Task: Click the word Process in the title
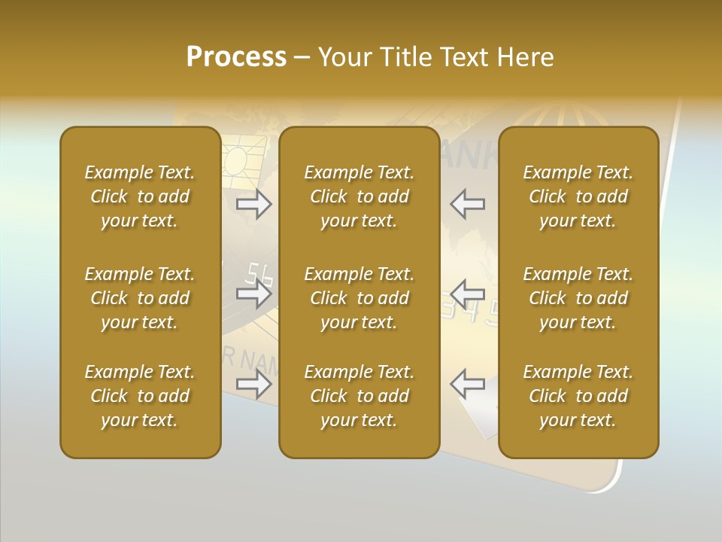(236, 57)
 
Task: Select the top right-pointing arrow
(254, 203)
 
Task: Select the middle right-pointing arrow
(254, 294)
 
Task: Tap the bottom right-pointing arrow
(254, 384)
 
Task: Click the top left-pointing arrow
(468, 203)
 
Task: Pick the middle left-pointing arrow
(468, 294)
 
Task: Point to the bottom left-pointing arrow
(468, 384)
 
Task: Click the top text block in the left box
(140, 196)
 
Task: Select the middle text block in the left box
(140, 298)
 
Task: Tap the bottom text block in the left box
(140, 396)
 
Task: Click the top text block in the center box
(359, 196)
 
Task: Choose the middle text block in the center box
(359, 298)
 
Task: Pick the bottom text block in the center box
(359, 396)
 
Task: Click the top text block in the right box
(578, 196)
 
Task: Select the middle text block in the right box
(578, 298)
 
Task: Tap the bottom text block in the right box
(578, 396)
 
